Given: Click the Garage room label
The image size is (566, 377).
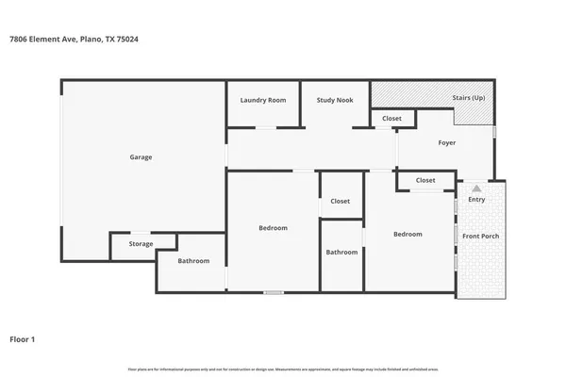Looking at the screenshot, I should point(141,157).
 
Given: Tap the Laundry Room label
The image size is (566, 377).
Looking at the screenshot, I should point(263,100).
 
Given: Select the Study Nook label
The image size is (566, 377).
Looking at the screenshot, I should point(335,100).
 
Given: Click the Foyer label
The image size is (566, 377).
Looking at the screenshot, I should point(447,143).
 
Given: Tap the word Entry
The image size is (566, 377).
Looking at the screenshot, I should point(476,199).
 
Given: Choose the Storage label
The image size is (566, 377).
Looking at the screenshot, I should point(141,244).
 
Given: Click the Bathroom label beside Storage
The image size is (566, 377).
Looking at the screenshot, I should point(193,261).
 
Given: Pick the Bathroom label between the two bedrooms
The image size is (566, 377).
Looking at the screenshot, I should point(341,252).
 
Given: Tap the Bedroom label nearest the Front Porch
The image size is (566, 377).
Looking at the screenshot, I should point(408,234).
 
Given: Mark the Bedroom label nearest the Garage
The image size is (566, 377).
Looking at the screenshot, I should point(273,228).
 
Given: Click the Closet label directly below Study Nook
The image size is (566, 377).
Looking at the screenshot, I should point(391,119).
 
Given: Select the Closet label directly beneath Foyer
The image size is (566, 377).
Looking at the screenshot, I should point(425,180).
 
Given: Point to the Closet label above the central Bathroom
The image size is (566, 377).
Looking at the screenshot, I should point(340,201).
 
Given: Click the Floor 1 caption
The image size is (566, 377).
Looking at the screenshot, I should point(24,337).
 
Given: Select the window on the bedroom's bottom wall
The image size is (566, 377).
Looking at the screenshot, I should point(274,292).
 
